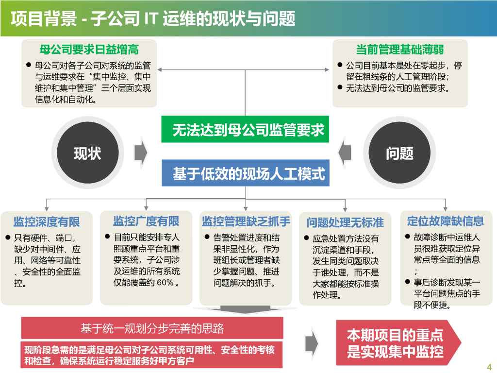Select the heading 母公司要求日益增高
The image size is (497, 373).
pyautogui.click(x=89, y=50)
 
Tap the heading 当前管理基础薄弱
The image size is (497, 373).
pyautogui.click(x=400, y=50)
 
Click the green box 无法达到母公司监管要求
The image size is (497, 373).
pyautogui.click(x=245, y=130)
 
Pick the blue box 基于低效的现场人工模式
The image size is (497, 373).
pyautogui.click(x=245, y=173)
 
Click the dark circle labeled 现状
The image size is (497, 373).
pyautogui.click(x=87, y=153)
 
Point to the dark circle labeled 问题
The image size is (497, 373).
pyautogui.click(x=399, y=153)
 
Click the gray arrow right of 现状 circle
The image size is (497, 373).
pyautogui.click(x=141, y=152)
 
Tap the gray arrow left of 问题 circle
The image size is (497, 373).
pyautogui.click(x=347, y=152)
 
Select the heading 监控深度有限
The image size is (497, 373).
pyautogui.click(x=47, y=222)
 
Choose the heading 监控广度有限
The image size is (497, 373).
pyautogui.click(x=146, y=221)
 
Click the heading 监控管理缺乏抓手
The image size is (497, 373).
pyautogui.click(x=246, y=222)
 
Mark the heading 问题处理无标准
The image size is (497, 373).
pyautogui.click(x=345, y=223)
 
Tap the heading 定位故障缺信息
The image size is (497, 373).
pyautogui.click(x=445, y=221)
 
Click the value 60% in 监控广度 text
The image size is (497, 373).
pyautogui.click(x=165, y=283)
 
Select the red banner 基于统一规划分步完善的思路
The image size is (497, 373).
pyautogui.click(x=152, y=329)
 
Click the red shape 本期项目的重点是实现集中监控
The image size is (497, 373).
pyautogui.click(x=395, y=343)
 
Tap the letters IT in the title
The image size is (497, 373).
pyautogui.click(x=151, y=18)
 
